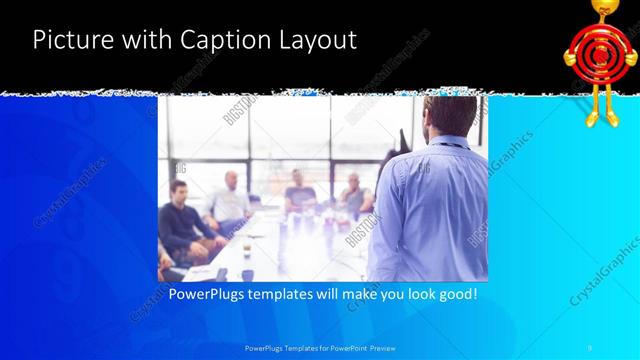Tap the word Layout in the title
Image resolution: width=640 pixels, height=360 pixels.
tap(314, 41)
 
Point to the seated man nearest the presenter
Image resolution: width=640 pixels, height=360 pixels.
tap(354, 195)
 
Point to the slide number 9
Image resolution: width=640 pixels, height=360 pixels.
tap(589, 347)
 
